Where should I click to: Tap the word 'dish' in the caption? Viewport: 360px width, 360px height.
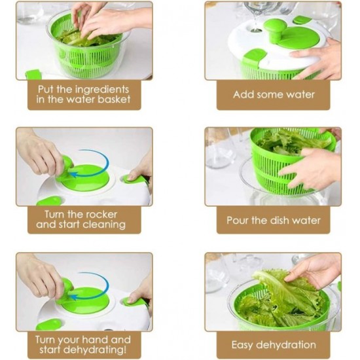279,220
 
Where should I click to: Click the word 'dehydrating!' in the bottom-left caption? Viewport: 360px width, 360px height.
95,350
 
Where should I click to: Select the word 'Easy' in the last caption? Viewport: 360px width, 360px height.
242,345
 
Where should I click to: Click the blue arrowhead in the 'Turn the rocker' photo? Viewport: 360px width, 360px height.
73,175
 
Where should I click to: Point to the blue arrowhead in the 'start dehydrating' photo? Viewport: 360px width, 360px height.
73,298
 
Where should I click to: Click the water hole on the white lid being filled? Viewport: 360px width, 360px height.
254,29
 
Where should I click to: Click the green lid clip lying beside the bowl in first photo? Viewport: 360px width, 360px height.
33,75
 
